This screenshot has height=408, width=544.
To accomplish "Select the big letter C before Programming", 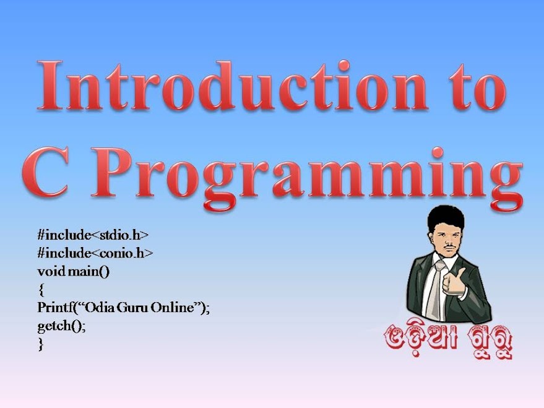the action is [x=45, y=172].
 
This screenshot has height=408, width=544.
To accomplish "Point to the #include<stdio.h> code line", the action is [x=93, y=235].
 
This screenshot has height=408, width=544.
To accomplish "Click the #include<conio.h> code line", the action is [x=95, y=253].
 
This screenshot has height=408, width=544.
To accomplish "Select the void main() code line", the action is [x=73, y=271].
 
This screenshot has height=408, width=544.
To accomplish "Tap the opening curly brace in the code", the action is [x=41, y=290].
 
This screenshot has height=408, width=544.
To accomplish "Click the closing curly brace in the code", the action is [x=41, y=344].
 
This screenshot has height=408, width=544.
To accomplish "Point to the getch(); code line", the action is [x=61, y=326].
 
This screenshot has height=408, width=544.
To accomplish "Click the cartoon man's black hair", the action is [x=446, y=218].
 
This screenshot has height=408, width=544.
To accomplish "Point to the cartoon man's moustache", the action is [x=449, y=246].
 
